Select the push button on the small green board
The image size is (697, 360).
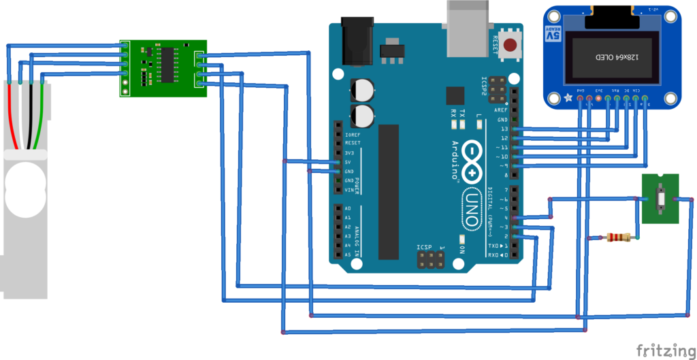point(660,198)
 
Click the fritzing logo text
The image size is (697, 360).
point(666,350)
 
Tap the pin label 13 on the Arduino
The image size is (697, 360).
point(503,129)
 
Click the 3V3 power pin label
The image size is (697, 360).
point(350,153)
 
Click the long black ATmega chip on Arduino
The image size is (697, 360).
point(389,191)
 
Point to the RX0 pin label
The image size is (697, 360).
point(497,255)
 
